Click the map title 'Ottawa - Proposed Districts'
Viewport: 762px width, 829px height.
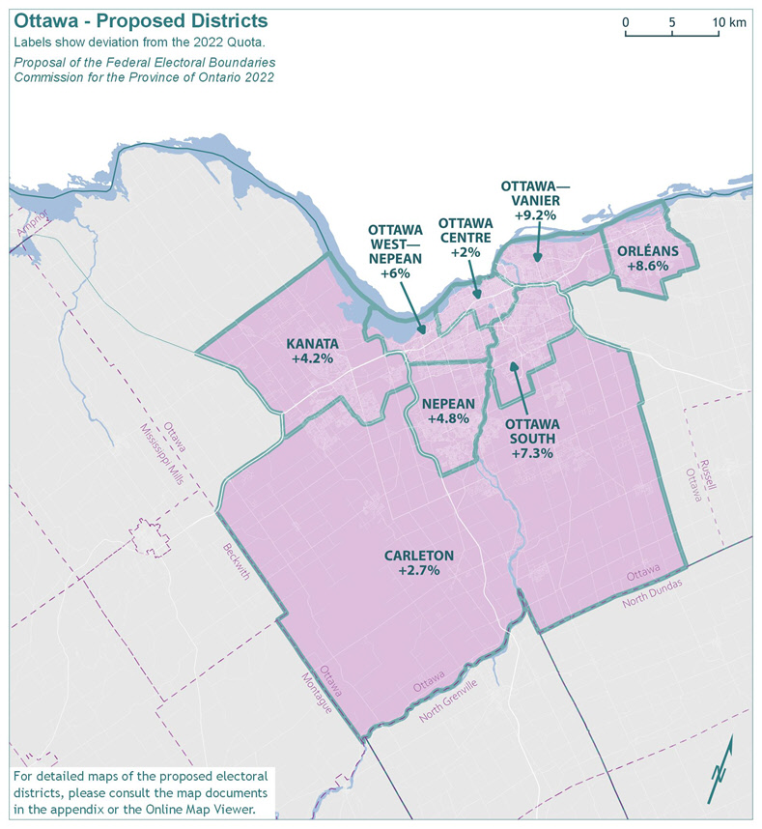141,20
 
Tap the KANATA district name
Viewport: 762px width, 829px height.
312,344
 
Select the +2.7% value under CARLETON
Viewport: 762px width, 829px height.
418,571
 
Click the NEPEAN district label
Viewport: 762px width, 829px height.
447,404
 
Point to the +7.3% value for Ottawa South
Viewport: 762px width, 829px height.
531,453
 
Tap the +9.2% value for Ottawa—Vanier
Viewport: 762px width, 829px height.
535,215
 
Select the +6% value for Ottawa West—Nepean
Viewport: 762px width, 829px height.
396,273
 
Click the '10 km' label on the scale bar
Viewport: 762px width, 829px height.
730,22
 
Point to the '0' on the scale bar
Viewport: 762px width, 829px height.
626,22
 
